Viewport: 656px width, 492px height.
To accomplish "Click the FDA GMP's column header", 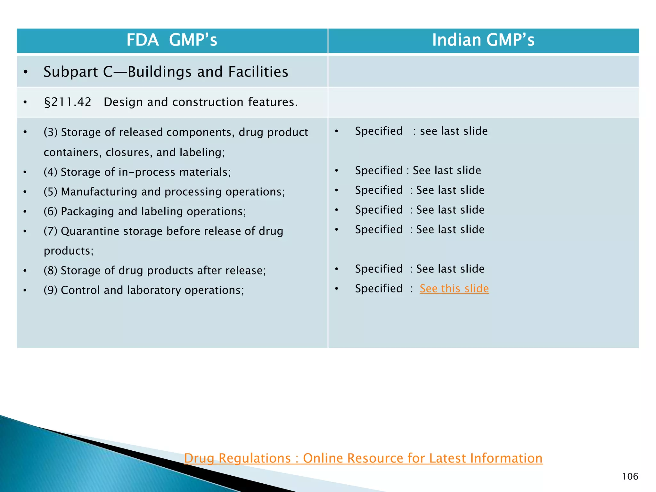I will (x=172, y=40).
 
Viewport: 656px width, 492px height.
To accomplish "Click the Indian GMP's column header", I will (x=483, y=40).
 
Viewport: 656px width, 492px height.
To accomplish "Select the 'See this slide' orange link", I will (x=454, y=289).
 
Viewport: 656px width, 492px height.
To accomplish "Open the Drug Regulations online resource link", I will (x=363, y=458).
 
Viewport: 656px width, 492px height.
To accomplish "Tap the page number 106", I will (x=630, y=477).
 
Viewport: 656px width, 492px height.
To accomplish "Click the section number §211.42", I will (x=67, y=102).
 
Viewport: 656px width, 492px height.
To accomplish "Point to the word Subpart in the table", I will (x=70, y=72).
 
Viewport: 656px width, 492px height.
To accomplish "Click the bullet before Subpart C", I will (x=26, y=72).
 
